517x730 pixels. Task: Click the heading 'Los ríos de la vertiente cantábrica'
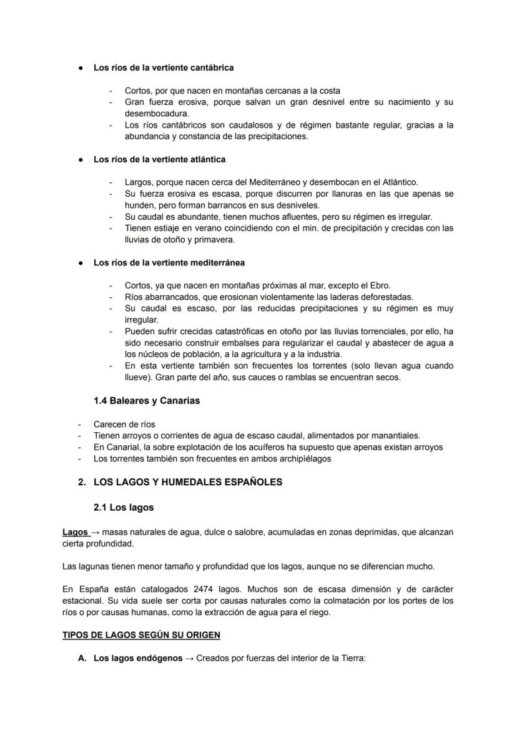coord(164,67)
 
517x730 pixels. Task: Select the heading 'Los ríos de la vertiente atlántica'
coord(159,160)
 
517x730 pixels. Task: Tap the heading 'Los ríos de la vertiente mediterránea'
coord(169,263)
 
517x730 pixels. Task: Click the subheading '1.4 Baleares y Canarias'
coord(147,401)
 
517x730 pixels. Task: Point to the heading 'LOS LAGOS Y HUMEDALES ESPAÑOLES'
coord(187,482)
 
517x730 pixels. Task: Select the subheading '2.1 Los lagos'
coord(124,508)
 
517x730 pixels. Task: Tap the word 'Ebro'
coord(378,286)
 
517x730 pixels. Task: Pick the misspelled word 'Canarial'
coord(119,447)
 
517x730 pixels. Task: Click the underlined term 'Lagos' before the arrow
coord(75,532)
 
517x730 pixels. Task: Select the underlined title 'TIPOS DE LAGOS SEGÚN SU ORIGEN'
coord(141,635)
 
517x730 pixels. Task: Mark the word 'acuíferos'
coord(263,447)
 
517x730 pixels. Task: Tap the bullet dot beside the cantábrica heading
coord(81,67)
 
